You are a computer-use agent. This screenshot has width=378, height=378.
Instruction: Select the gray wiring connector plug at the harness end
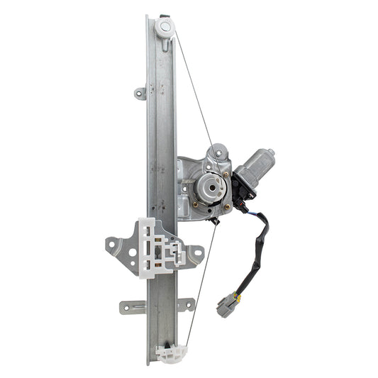pyautogui.click(x=228, y=303)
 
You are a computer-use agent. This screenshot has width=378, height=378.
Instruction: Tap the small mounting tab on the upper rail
pyautogui.click(x=140, y=93)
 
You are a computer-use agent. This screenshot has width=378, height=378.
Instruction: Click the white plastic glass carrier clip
pyautogui.click(x=160, y=245)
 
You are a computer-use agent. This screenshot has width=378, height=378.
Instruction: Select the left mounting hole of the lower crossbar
pyautogui.click(x=126, y=307)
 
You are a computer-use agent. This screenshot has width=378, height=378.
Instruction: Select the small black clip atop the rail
pyautogui.click(x=165, y=16)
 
